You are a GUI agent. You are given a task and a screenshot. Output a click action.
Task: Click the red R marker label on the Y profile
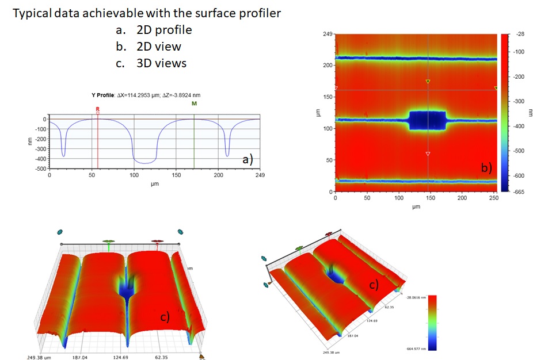(98, 108)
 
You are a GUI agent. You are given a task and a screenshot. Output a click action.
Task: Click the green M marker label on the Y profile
(194, 104)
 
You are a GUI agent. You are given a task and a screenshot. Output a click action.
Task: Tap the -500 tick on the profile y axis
(41, 168)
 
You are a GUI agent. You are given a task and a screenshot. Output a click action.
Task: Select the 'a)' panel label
(248, 160)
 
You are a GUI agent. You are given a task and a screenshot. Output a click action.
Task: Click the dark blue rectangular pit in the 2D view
(427, 121)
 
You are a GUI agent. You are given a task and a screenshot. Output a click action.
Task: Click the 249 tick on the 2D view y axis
(328, 35)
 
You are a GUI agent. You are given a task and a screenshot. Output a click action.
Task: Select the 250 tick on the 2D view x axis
(493, 198)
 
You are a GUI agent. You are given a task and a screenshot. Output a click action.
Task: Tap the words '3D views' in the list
(161, 63)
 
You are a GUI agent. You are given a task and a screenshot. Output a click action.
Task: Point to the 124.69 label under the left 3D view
(122, 357)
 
